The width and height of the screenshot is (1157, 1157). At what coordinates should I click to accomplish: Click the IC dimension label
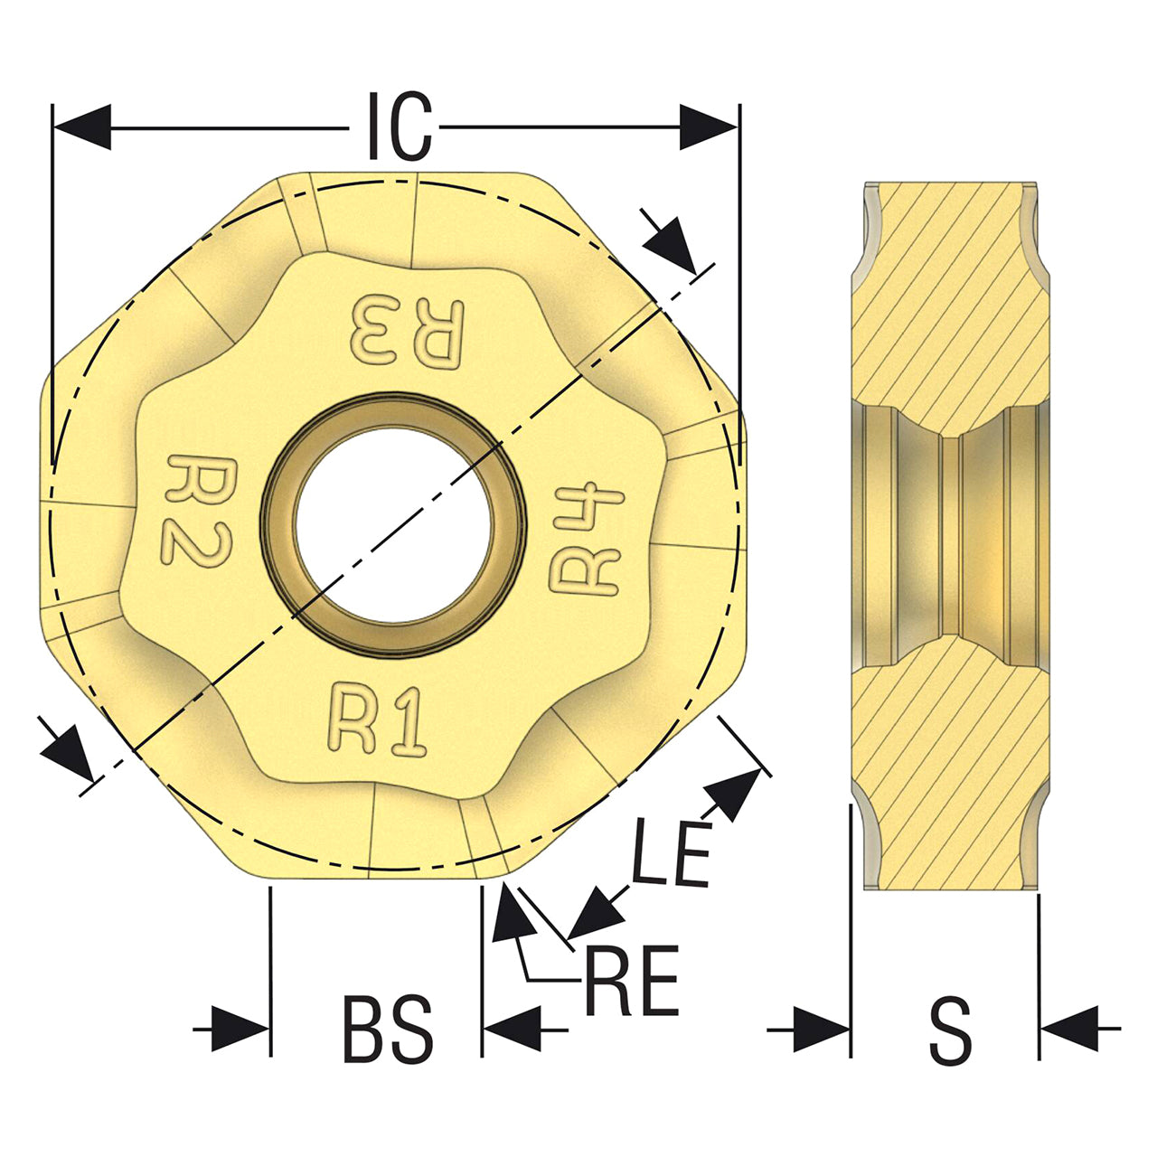pos(400,126)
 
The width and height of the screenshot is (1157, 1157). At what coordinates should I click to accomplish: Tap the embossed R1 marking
pos(377,718)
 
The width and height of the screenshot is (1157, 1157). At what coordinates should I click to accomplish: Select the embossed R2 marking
pos(196,510)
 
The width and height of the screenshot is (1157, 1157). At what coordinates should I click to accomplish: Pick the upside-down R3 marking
pos(408,331)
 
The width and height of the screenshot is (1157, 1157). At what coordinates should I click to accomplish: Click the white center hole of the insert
pos(393,524)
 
